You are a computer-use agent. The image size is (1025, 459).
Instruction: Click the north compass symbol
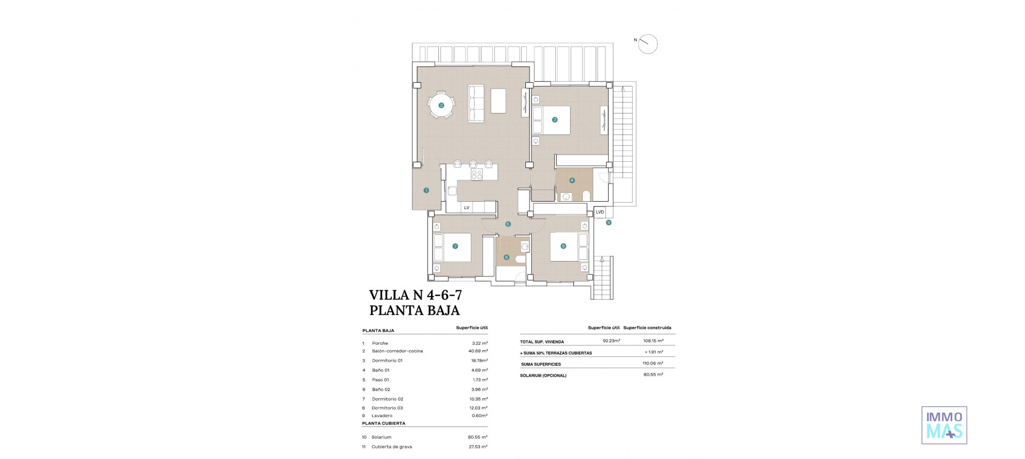pos(648,44)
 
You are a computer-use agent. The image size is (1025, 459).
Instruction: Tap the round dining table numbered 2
pos(441,105)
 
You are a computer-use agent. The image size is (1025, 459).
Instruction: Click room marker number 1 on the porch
pos(426,190)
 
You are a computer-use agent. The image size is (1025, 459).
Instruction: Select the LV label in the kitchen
pos(467,208)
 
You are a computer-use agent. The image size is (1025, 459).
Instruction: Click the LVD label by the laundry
pos(600,212)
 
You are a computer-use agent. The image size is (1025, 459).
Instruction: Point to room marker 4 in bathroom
pos(572,180)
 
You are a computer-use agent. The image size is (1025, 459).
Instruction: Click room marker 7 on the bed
pos(455,246)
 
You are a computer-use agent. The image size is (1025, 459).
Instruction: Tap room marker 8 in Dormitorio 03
pos(563,246)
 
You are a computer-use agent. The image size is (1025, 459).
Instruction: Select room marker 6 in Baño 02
pos(506,257)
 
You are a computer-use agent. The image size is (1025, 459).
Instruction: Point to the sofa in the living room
pos(476,103)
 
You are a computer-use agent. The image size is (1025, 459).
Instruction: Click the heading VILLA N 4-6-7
pos(415,295)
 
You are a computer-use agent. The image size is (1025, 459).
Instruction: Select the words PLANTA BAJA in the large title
pos(414,310)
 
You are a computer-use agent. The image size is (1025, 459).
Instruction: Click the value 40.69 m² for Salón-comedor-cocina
pos(478,351)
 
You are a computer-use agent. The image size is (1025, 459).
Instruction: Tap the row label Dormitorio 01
pos(387,361)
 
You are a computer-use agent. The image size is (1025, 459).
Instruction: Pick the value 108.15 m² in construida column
pos(653,341)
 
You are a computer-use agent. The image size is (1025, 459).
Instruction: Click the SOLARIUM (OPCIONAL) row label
pos(543,375)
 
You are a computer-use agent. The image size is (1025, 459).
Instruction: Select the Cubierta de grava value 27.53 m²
pos(478,447)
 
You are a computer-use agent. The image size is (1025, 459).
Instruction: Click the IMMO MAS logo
pos(944,425)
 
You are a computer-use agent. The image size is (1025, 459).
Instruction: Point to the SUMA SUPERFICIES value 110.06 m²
pos(653,363)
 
